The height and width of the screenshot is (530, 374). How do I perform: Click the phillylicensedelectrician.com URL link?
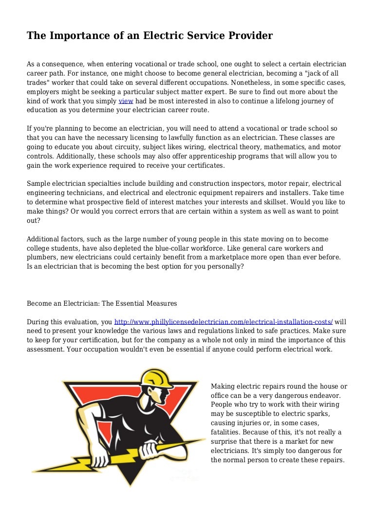224,322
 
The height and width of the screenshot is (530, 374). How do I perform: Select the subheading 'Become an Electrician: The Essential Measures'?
102,303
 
